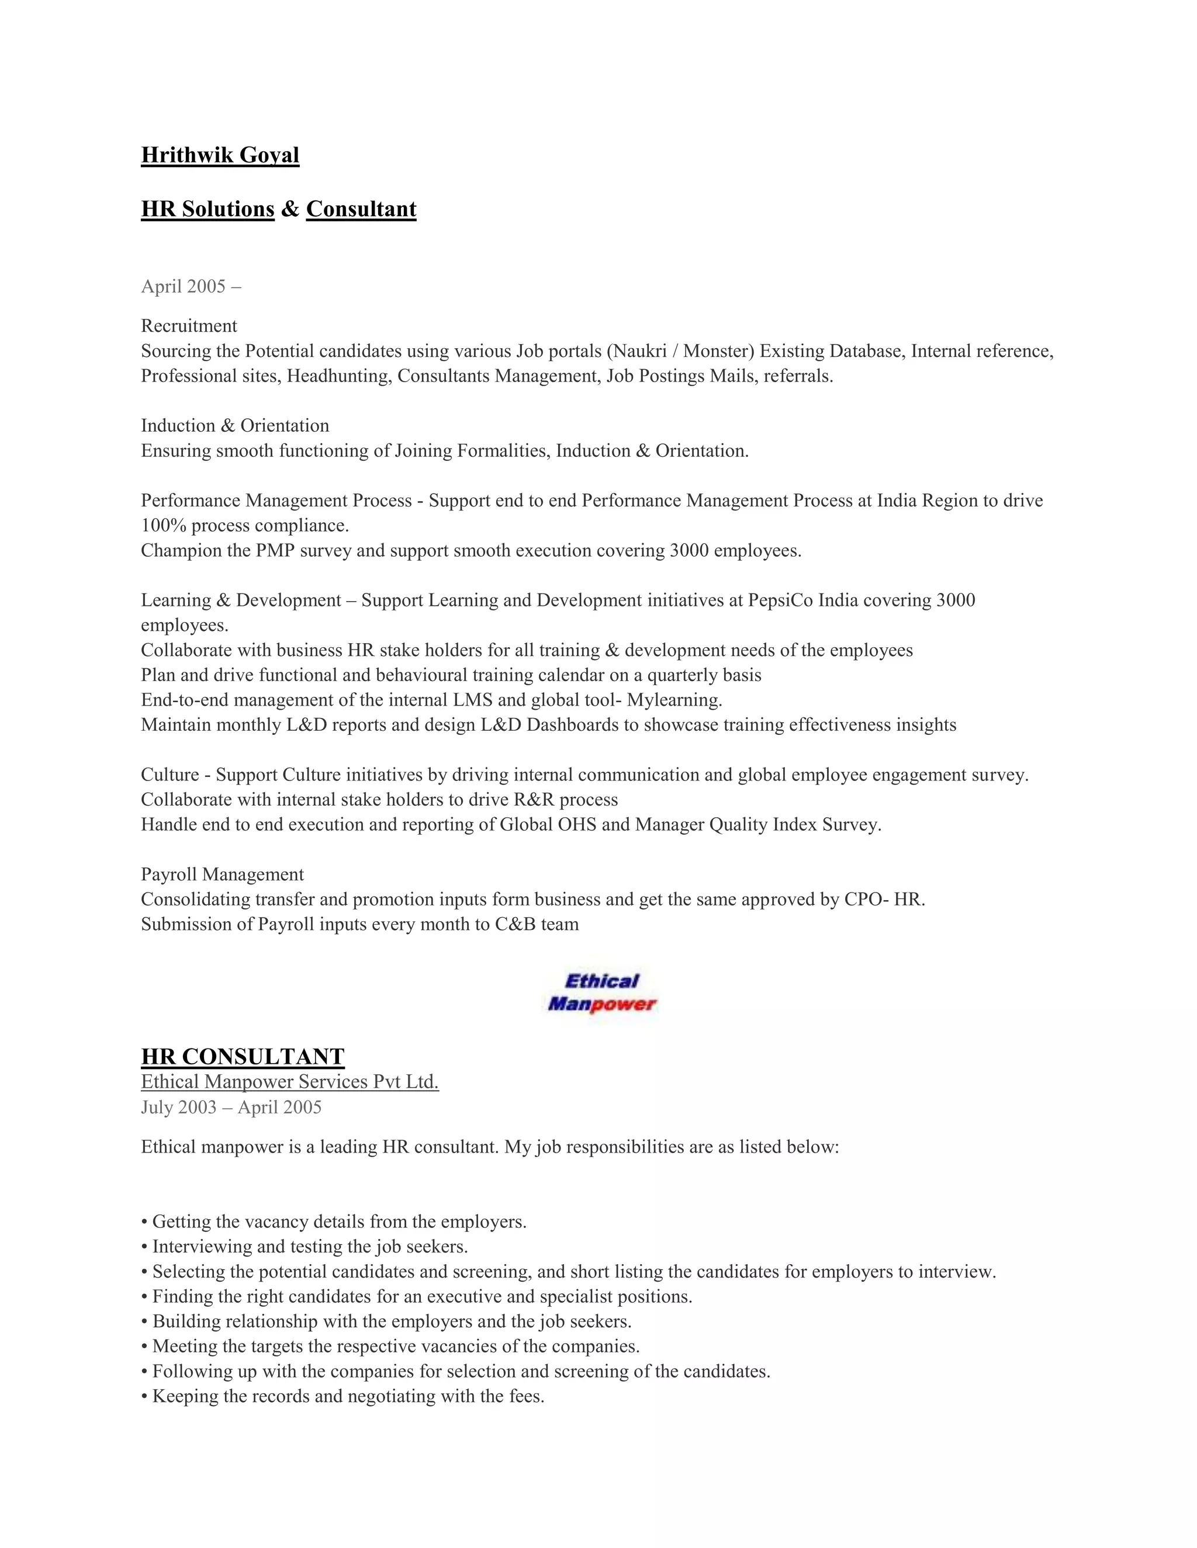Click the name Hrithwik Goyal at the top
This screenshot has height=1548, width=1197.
pyautogui.click(x=220, y=155)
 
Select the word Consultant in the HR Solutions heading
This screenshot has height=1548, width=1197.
pyautogui.click(x=361, y=209)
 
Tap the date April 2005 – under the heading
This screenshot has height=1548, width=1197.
pyautogui.click(x=191, y=286)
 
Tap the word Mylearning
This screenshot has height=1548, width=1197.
pyautogui.click(x=674, y=700)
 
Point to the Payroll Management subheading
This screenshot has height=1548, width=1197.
pyautogui.click(x=222, y=874)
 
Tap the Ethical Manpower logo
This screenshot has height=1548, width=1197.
pyautogui.click(x=602, y=992)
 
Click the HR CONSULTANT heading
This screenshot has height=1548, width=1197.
pyautogui.click(x=243, y=1057)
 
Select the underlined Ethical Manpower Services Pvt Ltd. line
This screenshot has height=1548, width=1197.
pyautogui.click(x=289, y=1082)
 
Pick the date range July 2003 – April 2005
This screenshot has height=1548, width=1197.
pyautogui.click(x=231, y=1107)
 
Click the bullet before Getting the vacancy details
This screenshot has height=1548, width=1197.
pyautogui.click(x=145, y=1223)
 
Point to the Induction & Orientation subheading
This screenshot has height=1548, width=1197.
pyautogui.click(x=235, y=426)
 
